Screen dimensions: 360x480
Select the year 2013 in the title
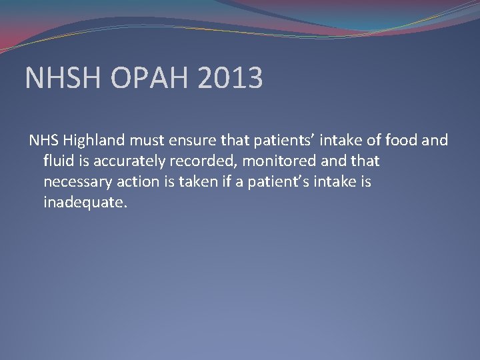click(x=231, y=79)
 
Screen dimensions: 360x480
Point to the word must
click(x=145, y=141)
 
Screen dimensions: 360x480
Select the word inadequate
click(x=85, y=202)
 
